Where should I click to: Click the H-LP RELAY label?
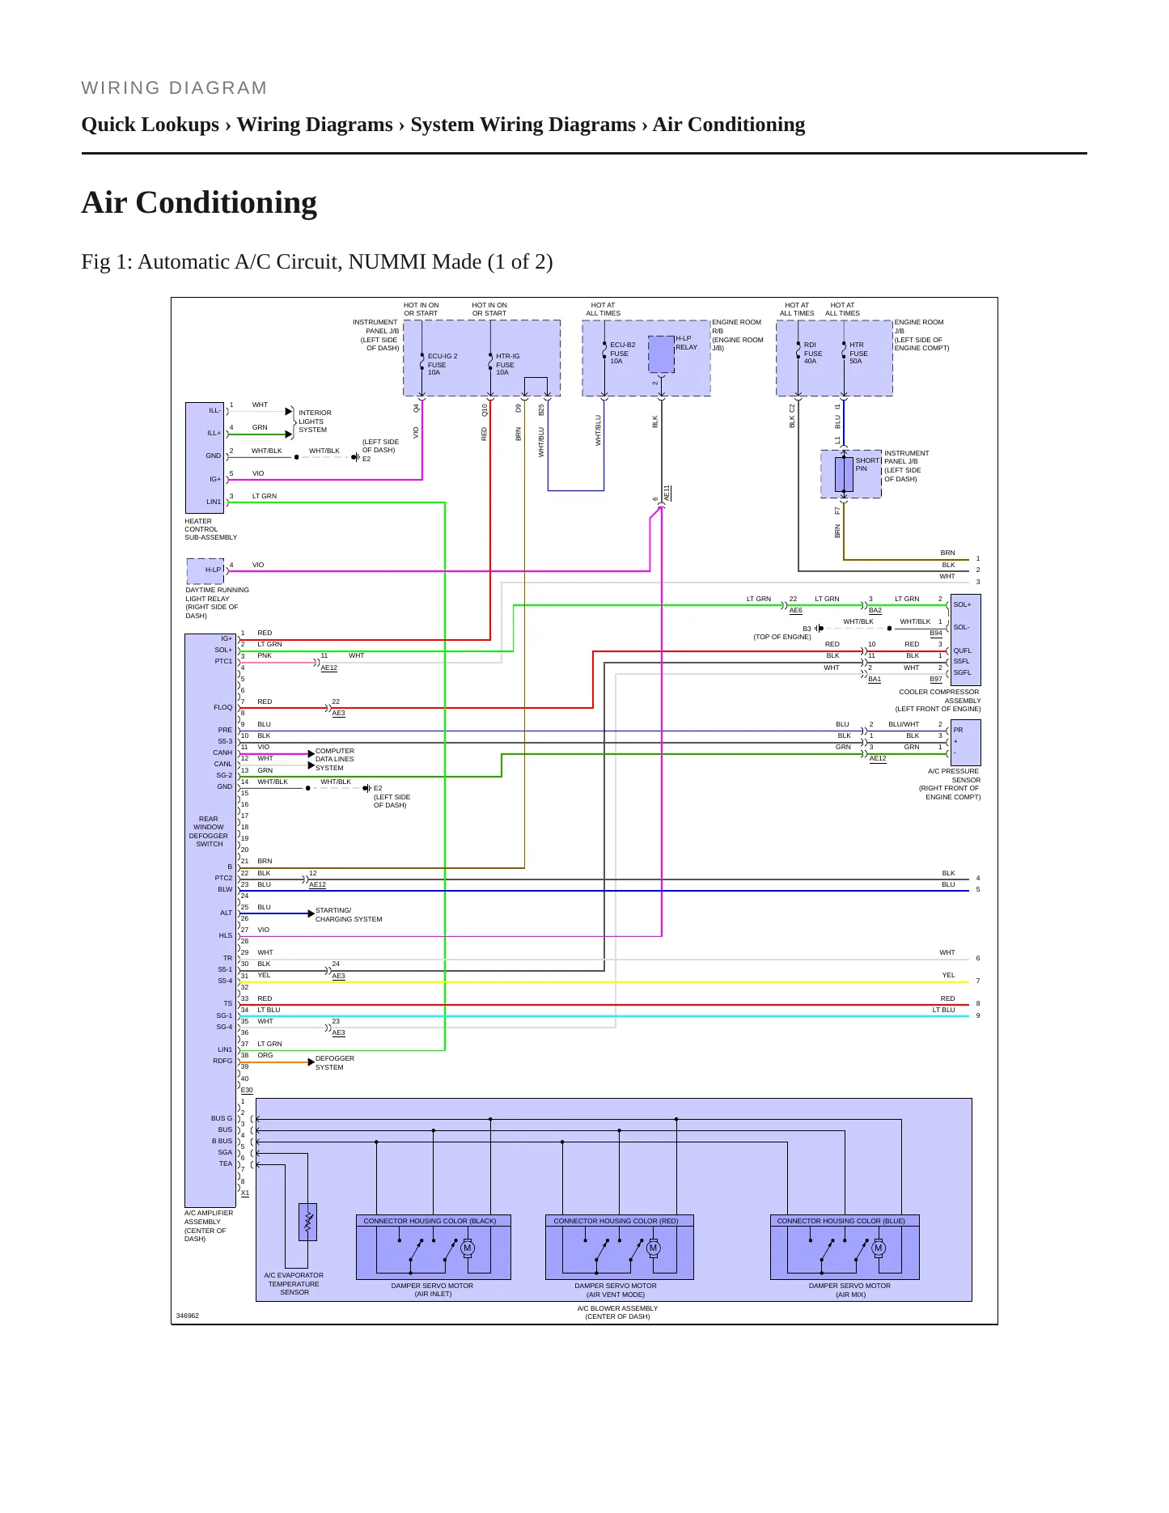point(686,343)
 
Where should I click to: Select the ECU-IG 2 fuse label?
point(443,364)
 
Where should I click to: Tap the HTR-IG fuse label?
point(507,364)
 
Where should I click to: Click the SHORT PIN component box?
point(844,474)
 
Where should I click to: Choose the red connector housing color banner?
point(616,1221)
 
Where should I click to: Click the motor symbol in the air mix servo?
point(879,1248)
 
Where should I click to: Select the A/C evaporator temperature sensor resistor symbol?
point(307,1223)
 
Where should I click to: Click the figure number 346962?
point(188,1316)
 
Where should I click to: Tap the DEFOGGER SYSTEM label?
point(335,1062)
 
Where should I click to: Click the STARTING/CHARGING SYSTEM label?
point(349,914)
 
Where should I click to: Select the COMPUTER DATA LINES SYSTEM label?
point(335,759)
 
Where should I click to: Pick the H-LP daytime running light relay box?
point(205,570)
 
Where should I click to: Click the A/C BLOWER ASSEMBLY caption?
point(617,1312)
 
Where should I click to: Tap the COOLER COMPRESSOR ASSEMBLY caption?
point(938,700)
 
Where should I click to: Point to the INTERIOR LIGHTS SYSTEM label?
point(315,421)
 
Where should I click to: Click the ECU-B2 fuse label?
point(622,353)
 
